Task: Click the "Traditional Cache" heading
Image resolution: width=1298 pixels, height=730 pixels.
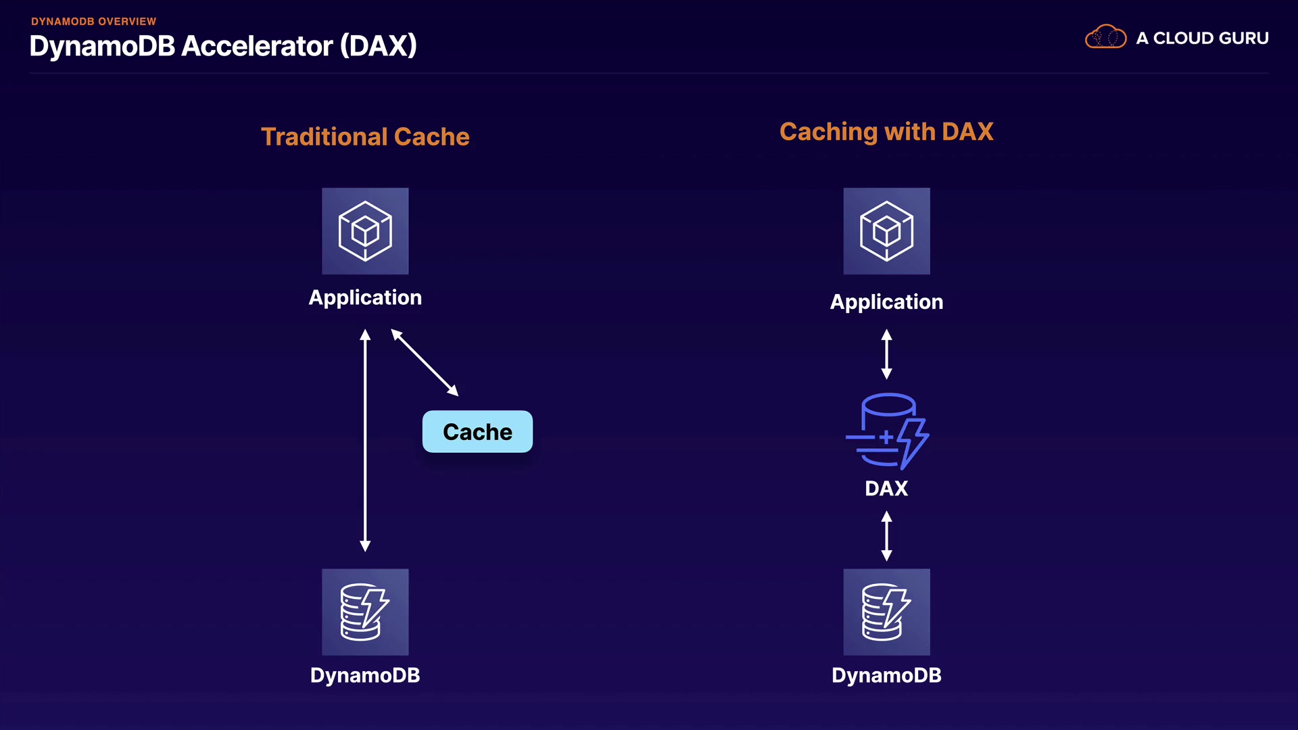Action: [x=365, y=137]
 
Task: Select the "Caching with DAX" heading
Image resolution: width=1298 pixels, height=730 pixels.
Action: [x=886, y=132]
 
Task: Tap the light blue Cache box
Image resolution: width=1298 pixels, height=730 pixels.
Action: [x=477, y=431]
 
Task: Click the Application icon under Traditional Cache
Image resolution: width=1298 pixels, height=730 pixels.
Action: [x=365, y=231]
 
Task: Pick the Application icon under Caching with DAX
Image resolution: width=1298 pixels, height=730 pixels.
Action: [x=886, y=231]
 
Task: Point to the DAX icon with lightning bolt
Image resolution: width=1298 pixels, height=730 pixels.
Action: [x=887, y=431]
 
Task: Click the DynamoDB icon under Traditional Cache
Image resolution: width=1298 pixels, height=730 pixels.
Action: [x=365, y=612]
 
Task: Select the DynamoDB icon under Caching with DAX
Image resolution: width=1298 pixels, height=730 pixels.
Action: [x=886, y=612]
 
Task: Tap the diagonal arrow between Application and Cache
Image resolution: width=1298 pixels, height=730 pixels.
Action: [x=425, y=362]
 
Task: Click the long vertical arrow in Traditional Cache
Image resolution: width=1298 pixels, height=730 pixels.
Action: [x=365, y=440]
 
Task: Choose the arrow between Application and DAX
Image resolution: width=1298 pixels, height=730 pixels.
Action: [x=886, y=354]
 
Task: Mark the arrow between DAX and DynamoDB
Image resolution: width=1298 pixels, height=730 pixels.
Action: [x=886, y=536]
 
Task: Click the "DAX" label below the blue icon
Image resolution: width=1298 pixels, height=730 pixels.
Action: [x=886, y=488]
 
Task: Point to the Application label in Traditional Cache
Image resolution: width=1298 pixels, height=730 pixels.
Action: [x=365, y=298]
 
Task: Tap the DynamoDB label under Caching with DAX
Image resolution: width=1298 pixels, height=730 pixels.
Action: [x=886, y=675]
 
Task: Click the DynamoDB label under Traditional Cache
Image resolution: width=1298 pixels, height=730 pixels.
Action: [x=365, y=675]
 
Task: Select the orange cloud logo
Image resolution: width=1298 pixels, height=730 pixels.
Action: [x=1105, y=36]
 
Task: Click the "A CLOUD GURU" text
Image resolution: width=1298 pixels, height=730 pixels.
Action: [x=1202, y=39]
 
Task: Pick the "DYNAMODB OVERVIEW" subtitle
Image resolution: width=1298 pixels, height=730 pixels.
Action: [x=93, y=22]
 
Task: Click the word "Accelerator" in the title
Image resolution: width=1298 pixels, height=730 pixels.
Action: [x=258, y=46]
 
